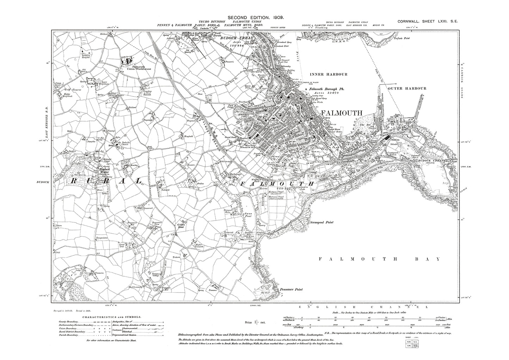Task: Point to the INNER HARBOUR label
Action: point(329,74)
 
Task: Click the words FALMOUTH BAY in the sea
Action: point(379,259)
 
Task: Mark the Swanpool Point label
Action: point(322,223)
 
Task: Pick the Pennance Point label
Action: point(291,290)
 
